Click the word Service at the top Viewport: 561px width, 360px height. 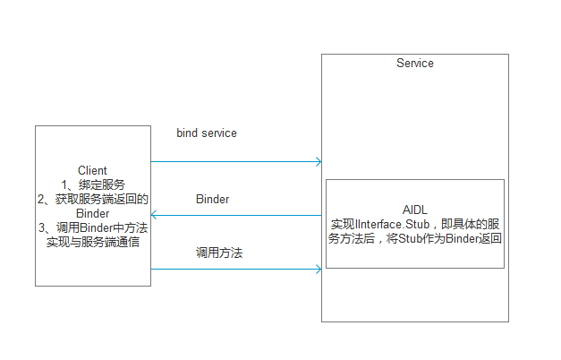(x=414, y=64)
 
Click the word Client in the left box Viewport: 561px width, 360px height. (x=93, y=170)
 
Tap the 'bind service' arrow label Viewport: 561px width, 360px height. (x=207, y=133)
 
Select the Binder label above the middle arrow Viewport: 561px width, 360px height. (x=212, y=199)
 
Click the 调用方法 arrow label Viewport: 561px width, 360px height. (x=219, y=253)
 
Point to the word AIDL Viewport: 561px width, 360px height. (x=415, y=209)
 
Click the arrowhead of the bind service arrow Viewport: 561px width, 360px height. (x=317, y=162)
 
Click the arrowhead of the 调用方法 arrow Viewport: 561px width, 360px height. (x=317, y=269)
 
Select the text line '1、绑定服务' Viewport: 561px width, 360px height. (x=93, y=184)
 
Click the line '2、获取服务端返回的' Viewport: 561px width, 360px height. (x=93, y=199)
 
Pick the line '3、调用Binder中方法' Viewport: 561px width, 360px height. (x=93, y=227)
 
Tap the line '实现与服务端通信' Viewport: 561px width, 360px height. (x=93, y=242)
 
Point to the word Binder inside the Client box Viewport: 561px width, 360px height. (x=93, y=213)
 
